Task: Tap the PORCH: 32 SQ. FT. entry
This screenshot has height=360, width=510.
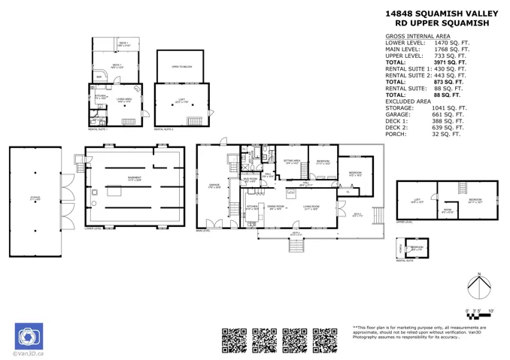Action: click(426, 135)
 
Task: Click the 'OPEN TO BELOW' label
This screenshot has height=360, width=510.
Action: click(181, 67)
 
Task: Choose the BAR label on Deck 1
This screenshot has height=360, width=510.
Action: click(99, 77)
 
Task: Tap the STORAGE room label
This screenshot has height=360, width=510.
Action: click(35, 198)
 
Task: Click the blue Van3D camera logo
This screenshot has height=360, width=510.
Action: click(30, 336)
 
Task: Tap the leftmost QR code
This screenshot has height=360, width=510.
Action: click(235, 340)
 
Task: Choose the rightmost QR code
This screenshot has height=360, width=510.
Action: click(325, 340)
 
